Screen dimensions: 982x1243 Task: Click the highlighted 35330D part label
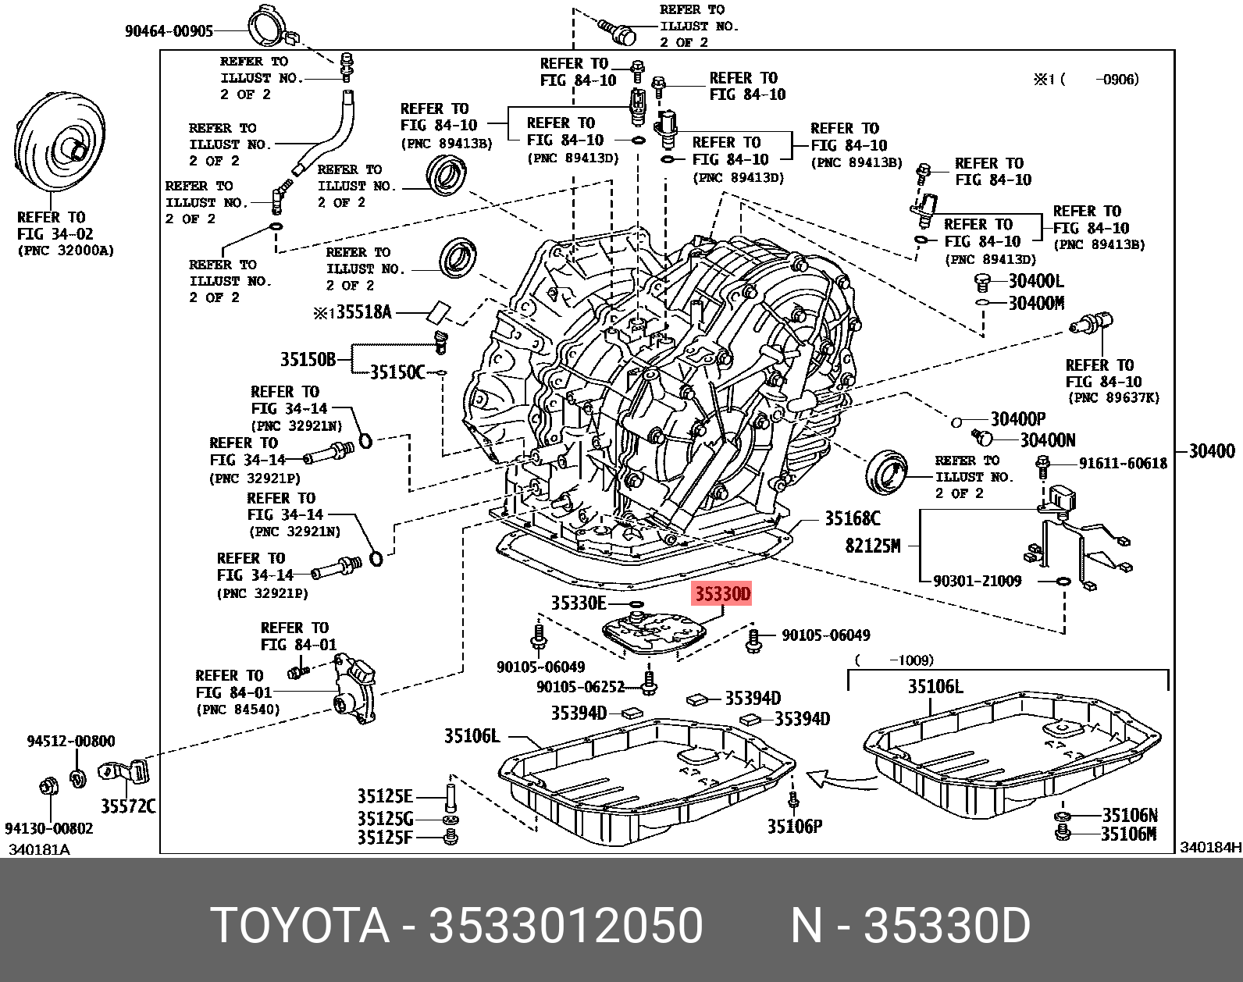[x=721, y=595]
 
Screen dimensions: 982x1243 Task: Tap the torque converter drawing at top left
[x=60, y=148]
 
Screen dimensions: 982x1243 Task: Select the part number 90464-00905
[x=169, y=31]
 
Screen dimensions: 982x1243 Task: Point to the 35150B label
[x=308, y=359]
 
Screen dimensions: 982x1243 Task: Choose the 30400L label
[x=1035, y=281]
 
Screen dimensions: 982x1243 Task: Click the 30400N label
[x=1047, y=440]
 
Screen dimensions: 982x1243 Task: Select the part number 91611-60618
[x=1123, y=464]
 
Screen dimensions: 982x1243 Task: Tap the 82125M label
[x=872, y=546]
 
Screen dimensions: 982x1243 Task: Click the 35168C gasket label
[x=852, y=518]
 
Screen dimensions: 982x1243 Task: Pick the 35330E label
[x=578, y=603]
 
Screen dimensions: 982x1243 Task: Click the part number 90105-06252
[x=580, y=687]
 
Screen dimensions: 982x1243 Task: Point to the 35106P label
[x=794, y=827]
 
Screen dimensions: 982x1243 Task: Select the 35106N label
[x=1129, y=816]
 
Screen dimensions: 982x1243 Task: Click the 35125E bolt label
[x=385, y=796]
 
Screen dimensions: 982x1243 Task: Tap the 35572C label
[x=128, y=806]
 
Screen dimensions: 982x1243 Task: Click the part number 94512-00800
[x=70, y=742]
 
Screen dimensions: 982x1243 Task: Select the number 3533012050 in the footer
[x=566, y=926]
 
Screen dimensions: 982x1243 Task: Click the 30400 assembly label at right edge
[x=1212, y=451]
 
